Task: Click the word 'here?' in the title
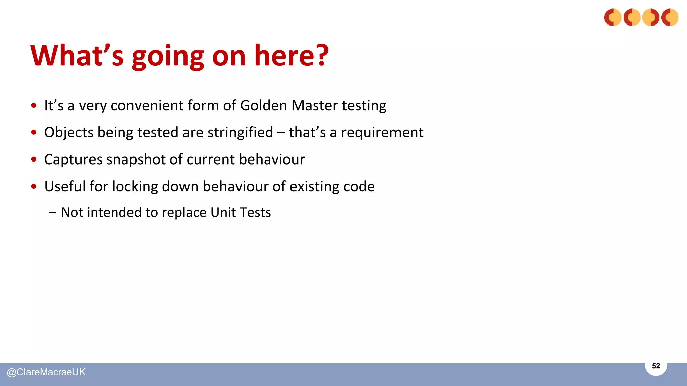[x=291, y=55]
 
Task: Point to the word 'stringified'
[x=240, y=132]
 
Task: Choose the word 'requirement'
[x=382, y=133]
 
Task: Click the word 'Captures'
[x=73, y=159]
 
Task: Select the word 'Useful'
[x=65, y=186]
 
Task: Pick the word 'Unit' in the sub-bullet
[x=223, y=212]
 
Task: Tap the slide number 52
[x=656, y=366]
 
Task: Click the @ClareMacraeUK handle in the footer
[x=46, y=372]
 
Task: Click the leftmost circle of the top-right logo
[x=613, y=17]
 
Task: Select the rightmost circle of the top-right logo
[x=670, y=17]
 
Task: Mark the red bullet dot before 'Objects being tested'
[x=34, y=132]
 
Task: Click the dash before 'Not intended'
[x=52, y=212]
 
